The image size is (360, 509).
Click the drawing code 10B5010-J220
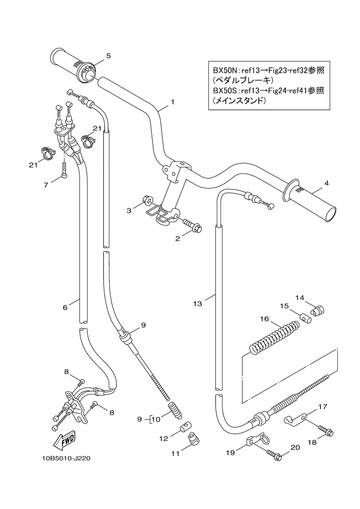point(66,457)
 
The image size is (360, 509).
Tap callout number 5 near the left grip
point(108,55)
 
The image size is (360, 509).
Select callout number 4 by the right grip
point(326,183)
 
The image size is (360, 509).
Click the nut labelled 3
point(147,201)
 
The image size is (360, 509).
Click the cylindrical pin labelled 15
point(306,317)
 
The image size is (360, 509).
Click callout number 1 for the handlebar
point(172,102)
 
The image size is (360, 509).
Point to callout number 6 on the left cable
point(65,307)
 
